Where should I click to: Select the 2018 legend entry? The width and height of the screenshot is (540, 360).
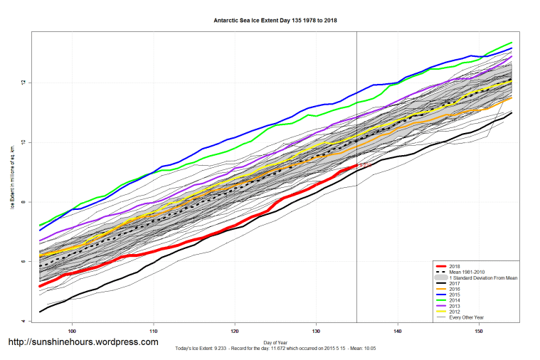tap(455, 266)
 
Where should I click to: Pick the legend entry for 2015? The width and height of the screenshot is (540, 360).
tap(455, 295)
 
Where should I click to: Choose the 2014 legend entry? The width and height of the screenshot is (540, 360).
tap(455, 300)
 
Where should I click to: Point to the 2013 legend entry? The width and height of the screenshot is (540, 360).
tap(455, 306)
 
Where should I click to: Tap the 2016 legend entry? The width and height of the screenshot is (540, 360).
tap(455, 289)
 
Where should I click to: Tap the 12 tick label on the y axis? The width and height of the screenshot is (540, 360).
tap(23, 83)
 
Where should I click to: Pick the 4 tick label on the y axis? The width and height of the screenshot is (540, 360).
tap(23, 322)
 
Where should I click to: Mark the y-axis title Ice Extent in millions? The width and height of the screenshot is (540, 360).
tap(12, 179)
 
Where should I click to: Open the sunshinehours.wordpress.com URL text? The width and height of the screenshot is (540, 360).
tap(83, 342)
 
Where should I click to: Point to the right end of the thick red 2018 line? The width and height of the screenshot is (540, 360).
tap(356, 165)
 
